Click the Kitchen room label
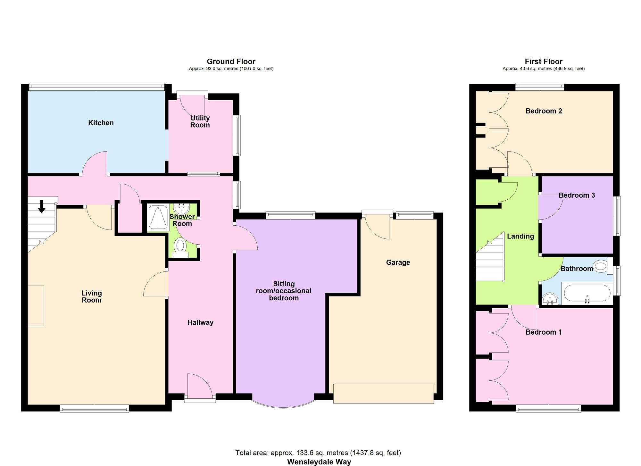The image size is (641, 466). (x=101, y=123)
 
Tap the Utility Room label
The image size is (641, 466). (x=200, y=121)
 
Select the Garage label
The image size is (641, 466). (x=398, y=262)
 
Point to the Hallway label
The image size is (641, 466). (x=200, y=322)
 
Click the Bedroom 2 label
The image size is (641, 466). (x=544, y=111)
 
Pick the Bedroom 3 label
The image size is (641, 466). (x=577, y=195)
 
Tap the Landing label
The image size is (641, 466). (x=520, y=236)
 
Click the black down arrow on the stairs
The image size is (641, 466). (x=42, y=206)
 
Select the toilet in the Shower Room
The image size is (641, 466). (x=180, y=249)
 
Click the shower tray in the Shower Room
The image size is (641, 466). (x=158, y=218)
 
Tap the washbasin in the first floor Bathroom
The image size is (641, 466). (x=550, y=300)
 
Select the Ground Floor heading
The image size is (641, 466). (x=231, y=61)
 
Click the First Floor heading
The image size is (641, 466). (x=544, y=61)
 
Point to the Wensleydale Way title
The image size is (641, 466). (x=319, y=462)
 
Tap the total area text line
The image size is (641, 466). (x=318, y=453)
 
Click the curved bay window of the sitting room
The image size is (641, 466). (x=284, y=406)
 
